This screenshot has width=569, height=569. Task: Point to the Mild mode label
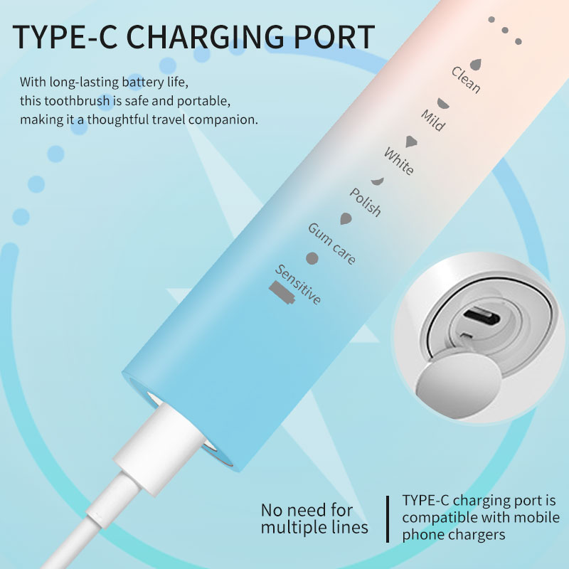point(432,120)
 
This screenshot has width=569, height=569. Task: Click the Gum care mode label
point(331,243)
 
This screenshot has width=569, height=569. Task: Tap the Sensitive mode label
point(298,284)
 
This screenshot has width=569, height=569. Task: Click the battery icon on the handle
point(280,291)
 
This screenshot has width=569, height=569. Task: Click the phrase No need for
point(307,510)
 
